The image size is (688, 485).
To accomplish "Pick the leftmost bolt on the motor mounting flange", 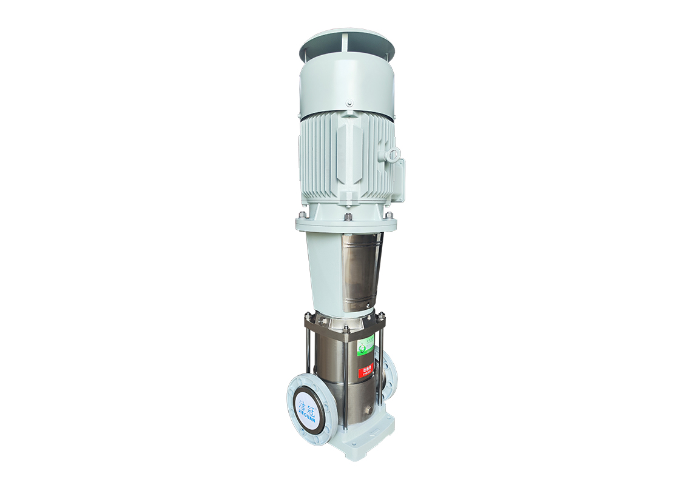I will point(302,215).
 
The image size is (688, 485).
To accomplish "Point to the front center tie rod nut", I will point(345,330).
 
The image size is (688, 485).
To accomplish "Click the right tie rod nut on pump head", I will point(382,315).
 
